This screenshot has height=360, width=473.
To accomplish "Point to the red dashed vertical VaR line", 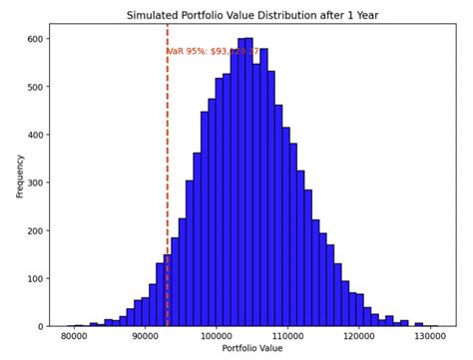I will click(x=167, y=199).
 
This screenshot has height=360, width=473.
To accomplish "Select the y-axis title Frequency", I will click(x=20, y=176).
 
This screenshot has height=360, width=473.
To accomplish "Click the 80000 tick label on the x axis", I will click(x=73, y=338).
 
